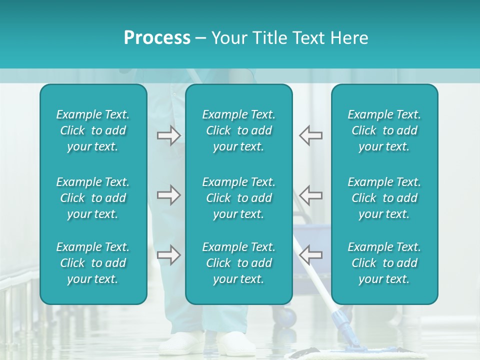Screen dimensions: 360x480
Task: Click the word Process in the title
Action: (157, 37)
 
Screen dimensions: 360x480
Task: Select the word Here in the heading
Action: (349, 37)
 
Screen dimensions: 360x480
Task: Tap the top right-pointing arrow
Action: (168, 135)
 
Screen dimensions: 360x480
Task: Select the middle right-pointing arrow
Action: (168, 195)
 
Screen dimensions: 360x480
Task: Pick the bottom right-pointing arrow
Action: (168, 255)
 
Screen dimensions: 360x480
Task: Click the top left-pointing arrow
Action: (310, 135)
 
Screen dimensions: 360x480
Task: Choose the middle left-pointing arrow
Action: (310, 195)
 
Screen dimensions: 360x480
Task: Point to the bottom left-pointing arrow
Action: (310, 255)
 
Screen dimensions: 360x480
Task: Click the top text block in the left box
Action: (93, 130)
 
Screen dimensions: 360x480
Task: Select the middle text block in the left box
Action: (93, 198)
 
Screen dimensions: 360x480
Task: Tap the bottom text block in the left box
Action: (93, 263)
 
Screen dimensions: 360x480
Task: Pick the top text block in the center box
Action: (239, 130)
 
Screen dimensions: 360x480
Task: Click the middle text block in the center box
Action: (239, 198)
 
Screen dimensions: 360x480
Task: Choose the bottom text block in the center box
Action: (239, 263)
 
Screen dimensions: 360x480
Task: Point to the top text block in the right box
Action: (384, 130)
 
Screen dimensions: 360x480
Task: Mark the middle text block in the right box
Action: (384, 198)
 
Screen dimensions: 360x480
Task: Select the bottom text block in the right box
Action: (384, 263)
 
